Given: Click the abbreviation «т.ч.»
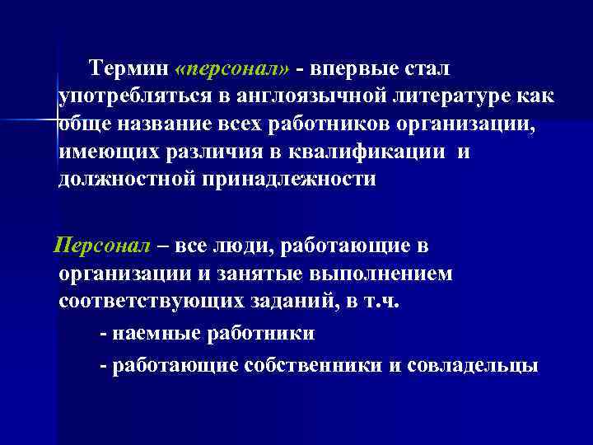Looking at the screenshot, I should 377,302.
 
